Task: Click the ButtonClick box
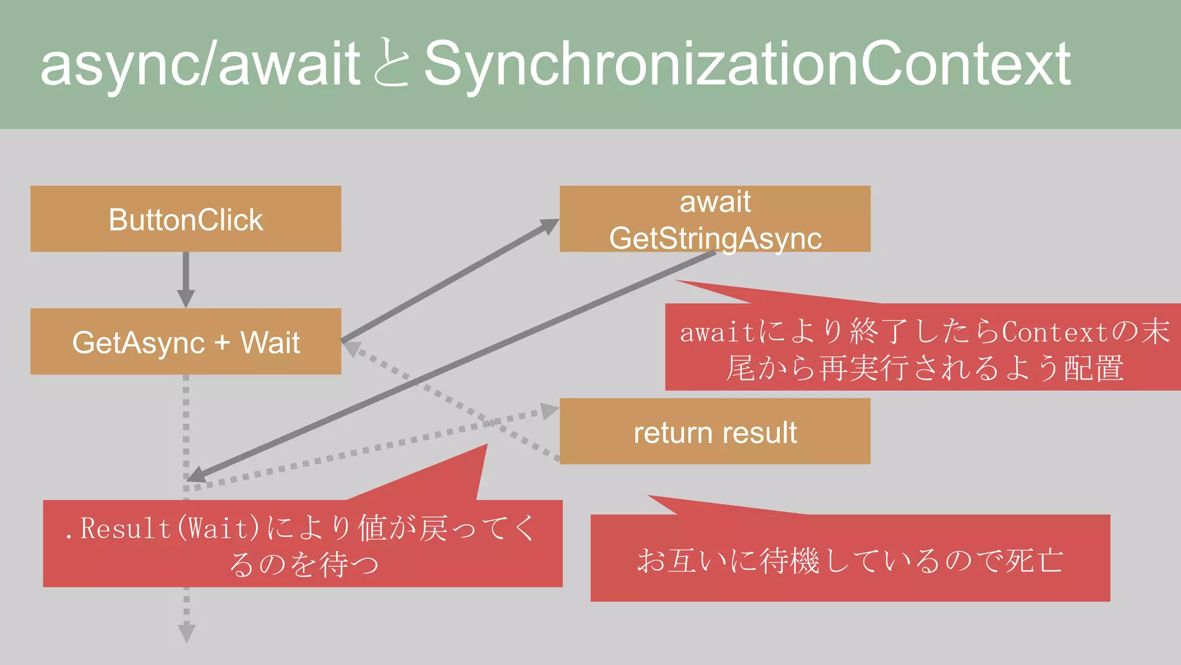pos(186,219)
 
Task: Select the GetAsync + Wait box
pos(186,342)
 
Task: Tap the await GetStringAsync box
pos(715,219)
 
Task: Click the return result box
pos(715,431)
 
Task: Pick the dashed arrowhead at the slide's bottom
pos(186,633)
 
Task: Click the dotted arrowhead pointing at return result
pos(548,411)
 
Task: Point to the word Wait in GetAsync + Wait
pos(270,342)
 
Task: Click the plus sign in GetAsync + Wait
pos(222,343)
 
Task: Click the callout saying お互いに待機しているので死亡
pos(850,559)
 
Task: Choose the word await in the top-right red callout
pos(717,332)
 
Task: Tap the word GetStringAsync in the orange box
pos(715,238)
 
